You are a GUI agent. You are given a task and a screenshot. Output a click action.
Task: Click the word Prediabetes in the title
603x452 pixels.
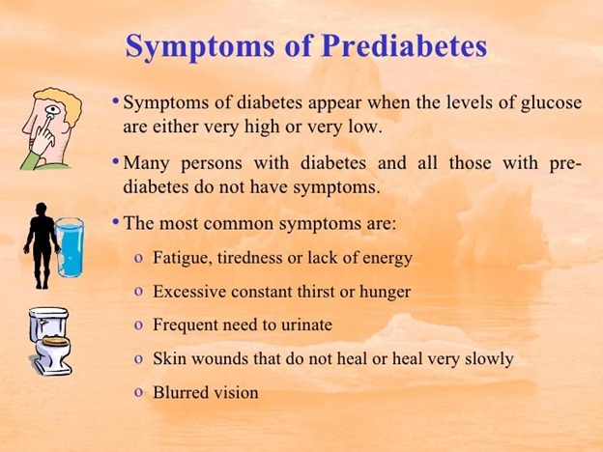[x=404, y=46]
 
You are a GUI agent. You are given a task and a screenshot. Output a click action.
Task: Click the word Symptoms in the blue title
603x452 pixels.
[x=200, y=47]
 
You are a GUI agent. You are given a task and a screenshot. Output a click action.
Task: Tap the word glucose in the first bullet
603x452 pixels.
[x=551, y=103]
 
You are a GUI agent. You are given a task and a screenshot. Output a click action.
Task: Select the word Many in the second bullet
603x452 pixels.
[x=146, y=164]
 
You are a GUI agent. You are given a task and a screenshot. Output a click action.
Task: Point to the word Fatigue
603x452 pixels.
[x=183, y=258]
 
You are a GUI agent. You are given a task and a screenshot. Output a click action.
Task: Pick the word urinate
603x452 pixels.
[x=306, y=325]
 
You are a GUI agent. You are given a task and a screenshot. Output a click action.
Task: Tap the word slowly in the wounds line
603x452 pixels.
[x=489, y=359]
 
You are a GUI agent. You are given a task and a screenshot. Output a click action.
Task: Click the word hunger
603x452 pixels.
[x=385, y=292]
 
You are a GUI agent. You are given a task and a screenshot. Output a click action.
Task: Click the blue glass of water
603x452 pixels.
[x=70, y=247]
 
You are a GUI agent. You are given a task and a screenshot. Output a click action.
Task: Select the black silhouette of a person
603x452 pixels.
[x=42, y=245]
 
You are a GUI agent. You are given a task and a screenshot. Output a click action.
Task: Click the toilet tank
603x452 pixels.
[x=48, y=324]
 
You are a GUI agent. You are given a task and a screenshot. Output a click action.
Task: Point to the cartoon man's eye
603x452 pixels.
[x=52, y=111]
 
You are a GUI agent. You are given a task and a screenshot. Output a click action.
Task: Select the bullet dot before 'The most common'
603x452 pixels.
[x=115, y=222]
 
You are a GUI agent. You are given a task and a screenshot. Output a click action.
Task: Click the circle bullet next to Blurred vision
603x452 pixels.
[x=139, y=393]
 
